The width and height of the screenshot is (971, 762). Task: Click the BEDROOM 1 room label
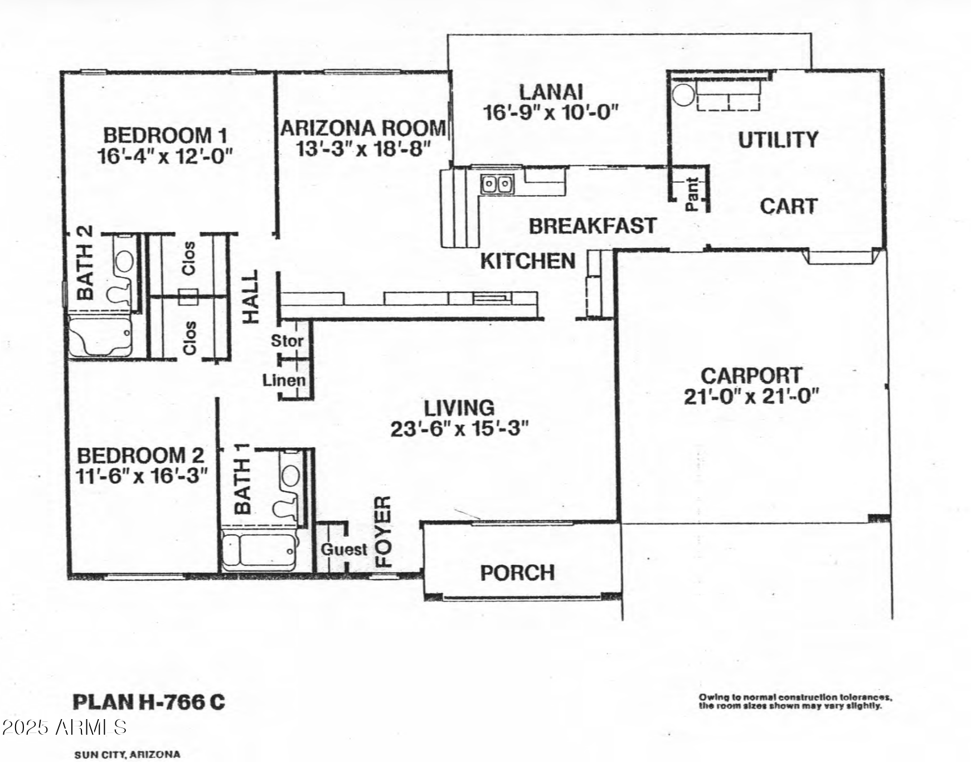coord(165,135)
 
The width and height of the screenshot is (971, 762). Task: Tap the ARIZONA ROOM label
coord(363,128)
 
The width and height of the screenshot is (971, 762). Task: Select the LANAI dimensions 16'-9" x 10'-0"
coord(551,113)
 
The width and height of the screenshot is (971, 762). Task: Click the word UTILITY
coord(778,140)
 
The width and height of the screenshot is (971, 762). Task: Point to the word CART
coord(788,207)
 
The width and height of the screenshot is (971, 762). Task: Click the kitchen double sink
coord(497,183)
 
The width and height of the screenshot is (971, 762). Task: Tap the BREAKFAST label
coord(593,226)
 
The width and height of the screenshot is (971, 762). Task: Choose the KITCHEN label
coord(528,261)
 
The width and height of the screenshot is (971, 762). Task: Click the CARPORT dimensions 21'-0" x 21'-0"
coord(751,397)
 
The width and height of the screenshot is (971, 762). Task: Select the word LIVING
coord(459,408)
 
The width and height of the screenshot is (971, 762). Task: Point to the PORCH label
coord(517,573)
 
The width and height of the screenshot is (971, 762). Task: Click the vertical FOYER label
coord(383,531)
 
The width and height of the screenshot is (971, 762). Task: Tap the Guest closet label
coord(344,549)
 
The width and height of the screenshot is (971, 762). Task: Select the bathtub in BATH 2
coord(100,336)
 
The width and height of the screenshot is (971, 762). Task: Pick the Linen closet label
coord(284,380)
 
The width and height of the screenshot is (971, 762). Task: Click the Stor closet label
coord(287,340)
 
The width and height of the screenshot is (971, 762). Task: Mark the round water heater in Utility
coord(683,94)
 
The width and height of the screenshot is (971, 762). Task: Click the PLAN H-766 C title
coord(149,702)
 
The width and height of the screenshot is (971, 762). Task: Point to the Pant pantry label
coord(692,194)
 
